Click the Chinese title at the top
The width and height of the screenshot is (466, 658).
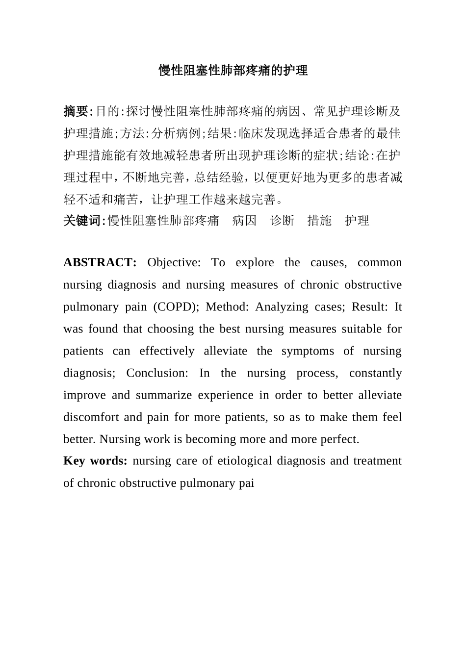click(x=233, y=71)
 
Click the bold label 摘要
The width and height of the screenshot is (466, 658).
click(x=76, y=111)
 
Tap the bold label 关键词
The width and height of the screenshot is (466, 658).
click(x=82, y=221)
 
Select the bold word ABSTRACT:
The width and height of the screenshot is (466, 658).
click(x=100, y=263)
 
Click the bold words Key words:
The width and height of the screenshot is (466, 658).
click(x=95, y=461)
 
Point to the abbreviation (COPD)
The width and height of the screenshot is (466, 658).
click(x=176, y=307)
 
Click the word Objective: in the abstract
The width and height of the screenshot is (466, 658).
click(x=174, y=263)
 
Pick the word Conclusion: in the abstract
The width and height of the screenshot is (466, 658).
click(x=157, y=373)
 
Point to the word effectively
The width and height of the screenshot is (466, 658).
click(x=167, y=351)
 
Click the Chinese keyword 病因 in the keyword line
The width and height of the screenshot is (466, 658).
click(x=244, y=221)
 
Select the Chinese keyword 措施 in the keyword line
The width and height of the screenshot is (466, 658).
click(x=319, y=221)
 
